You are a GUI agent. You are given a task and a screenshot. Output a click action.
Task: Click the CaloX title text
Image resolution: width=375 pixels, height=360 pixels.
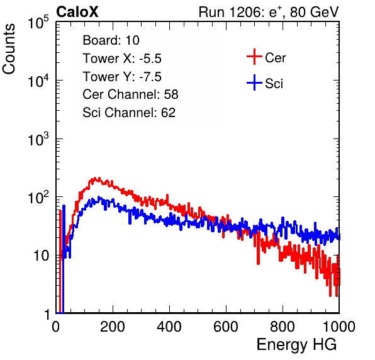pyautogui.click(x=77, y=12)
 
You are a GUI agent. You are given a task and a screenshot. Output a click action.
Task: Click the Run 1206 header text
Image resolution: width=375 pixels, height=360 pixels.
pyautogui.click(x=269, y=12)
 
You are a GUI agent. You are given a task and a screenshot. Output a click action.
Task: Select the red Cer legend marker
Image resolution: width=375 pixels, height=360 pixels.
pyautogui.click(x=254, y=57)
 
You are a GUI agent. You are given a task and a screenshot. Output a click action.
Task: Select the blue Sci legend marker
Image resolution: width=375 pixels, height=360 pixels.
pyautogui.click(x=254, y=82)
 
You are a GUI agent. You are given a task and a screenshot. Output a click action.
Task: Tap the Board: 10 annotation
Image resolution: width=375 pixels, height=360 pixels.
pyautogui.click(x=111, y=40)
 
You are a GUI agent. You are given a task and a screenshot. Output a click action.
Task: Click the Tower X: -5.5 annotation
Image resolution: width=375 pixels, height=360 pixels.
pyautogui.click(x=122, y=59)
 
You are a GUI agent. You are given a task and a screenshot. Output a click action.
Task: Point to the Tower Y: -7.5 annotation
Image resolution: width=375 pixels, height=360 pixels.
pyautogui.click(x=122, y=77)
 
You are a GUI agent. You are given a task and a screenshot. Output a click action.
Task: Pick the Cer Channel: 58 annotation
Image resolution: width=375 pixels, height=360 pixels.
pyautogui.click(x=130, y=94)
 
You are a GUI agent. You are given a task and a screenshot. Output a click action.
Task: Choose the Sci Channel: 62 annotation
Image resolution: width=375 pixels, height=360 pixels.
pyautogui.click(x=129, y=113)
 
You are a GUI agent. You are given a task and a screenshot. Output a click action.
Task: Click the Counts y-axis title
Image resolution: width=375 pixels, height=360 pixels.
pyautogui.click(x=9, y=49)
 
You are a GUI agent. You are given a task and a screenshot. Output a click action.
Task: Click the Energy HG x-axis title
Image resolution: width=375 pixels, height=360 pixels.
pyautogui.click(x=296, y=345)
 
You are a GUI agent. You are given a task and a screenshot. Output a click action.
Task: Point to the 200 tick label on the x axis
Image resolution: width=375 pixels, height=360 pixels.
pyautogui.click(x=113, y=327)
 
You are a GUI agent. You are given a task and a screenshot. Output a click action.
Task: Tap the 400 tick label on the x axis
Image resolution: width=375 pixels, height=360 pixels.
pyautogui.click(x=169, y=327)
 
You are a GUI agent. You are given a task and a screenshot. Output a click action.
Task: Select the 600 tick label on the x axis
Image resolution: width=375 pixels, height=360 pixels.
pyautogui.click(x=226, y=327)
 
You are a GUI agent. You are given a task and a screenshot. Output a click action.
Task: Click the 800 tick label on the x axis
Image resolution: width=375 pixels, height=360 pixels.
pyautogui.click(x=283, y=327)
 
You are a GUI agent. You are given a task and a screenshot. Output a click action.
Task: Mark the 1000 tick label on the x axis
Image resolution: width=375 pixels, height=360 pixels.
pyautogui.click(x=339, y=327)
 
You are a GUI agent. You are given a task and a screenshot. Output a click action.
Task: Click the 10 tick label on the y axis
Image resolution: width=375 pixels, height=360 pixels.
pyautogui.click(x=41, y=256)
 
